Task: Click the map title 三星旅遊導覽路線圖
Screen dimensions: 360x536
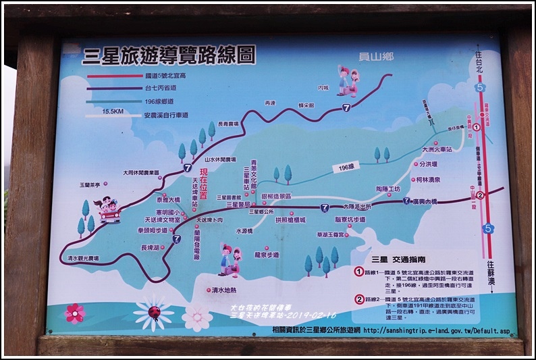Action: (x=169, y=57)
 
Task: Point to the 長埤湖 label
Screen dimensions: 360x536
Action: (x=151, y=248)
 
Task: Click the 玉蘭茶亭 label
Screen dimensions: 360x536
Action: (x=89, y=184)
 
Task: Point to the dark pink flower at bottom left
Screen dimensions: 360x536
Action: (x=74, y=313)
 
